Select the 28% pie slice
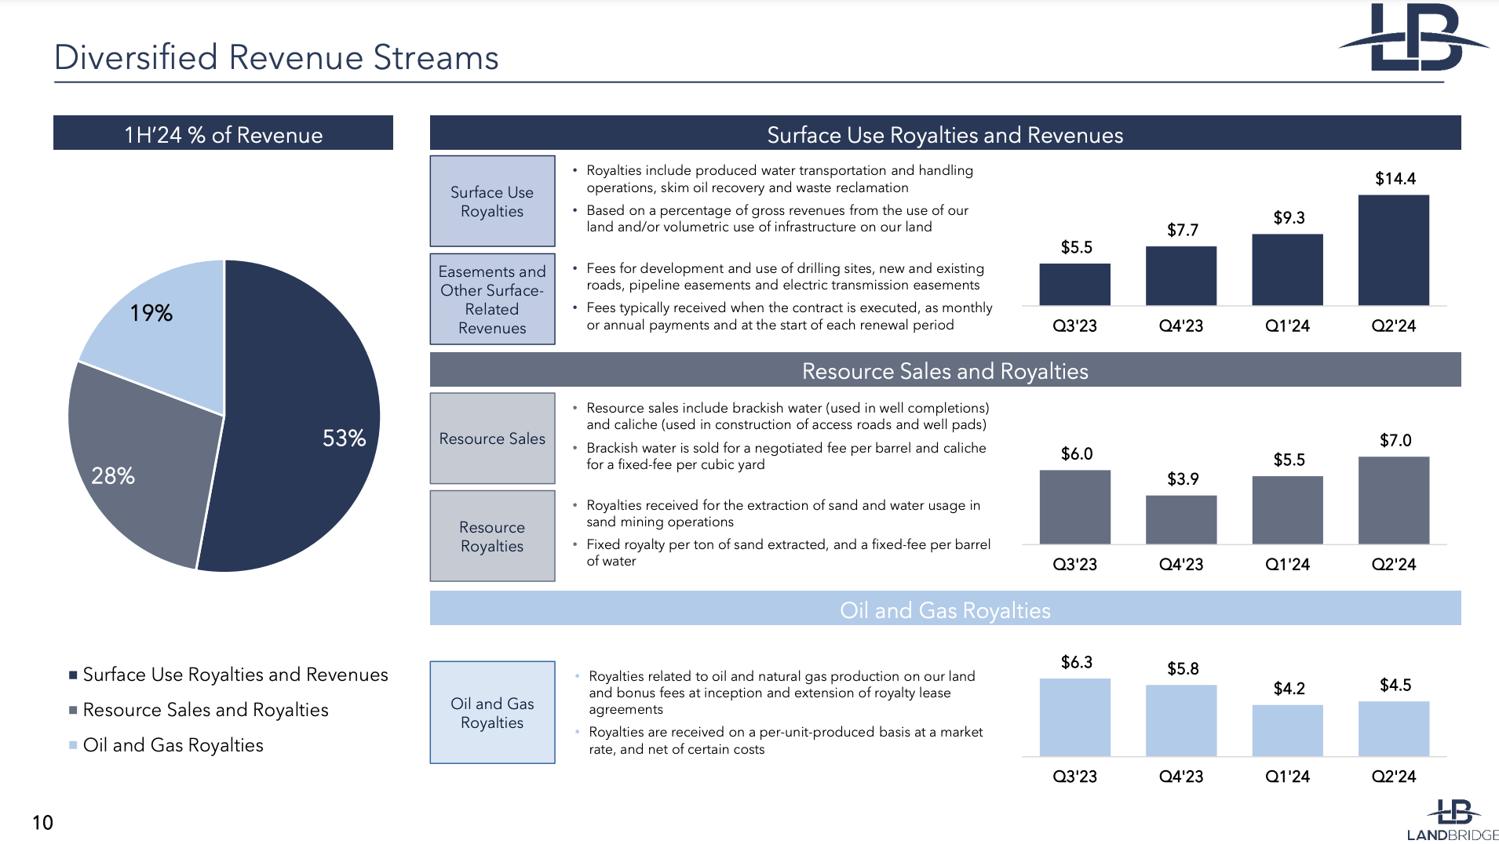click(x=141, y=471)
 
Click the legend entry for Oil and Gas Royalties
click(x=173, y=745)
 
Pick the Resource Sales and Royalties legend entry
click(x=205, y=710)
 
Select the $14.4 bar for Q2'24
click(x=1393, y=250)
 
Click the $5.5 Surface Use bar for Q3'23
click(x=1074, y=284)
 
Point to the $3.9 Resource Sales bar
click(x=1181, y=519)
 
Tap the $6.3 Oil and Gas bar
click(x=1074, y=717)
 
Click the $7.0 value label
click(x=1395, y=441)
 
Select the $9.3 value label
click(x=1289, y=218)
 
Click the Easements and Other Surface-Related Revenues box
click(x=492, y=299)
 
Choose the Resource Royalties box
click(x=492, y=537)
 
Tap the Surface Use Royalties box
click(x=492, y=202)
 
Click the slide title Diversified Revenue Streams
click(x=276, y=57)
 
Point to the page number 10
click(x=42, y=823)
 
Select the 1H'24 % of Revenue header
click(x=223, y=134)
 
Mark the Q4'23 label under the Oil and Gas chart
click(x=1181, y=777)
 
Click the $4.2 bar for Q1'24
click(x=1287, y=730)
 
